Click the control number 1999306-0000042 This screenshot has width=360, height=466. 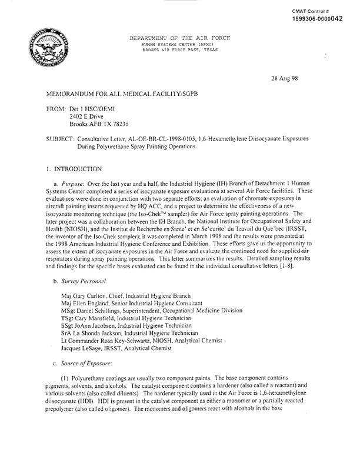tap(325, 18)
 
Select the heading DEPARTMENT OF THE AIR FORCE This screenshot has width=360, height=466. tap(180, 38)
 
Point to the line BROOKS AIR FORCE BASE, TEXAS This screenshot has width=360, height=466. tap(180, 50)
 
